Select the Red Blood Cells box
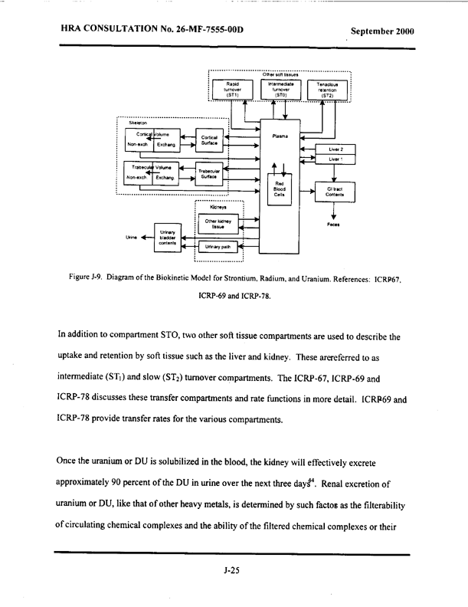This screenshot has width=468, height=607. [x=280, y=190]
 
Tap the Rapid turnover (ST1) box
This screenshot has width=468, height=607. [x=232, y=89]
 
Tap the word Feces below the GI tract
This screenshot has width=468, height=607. [x=334, y=225]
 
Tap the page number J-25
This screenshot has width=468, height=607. [x=233, y=571]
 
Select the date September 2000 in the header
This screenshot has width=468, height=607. [x=381, y=31]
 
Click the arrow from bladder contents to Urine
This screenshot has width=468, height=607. [x=144, y=238]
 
